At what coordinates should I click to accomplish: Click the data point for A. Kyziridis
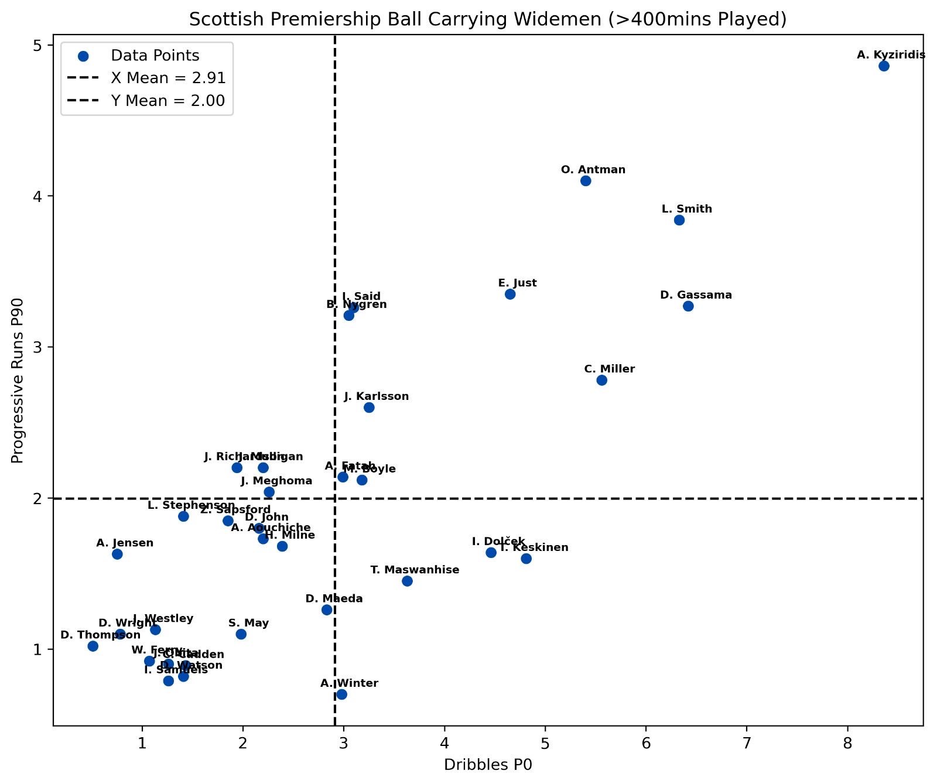point(884,66)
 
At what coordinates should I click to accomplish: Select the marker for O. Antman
point(586,181)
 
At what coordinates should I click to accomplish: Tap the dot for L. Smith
point(679,220)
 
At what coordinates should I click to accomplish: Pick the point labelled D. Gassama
point(688,306)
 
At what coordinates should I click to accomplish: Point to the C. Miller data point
point(601,380)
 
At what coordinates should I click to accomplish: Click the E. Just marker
point(510,294)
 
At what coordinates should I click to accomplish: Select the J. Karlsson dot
point(369,408)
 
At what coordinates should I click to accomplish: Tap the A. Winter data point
point(341,694)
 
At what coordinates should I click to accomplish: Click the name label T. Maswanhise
point(415,570)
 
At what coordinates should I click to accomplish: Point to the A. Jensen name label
point(125,543)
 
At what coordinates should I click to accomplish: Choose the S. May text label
point(248,623)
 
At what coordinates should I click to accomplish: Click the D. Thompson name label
point(100,635)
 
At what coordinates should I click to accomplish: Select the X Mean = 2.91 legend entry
point(168,78)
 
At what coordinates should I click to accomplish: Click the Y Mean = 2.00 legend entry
point(168,101)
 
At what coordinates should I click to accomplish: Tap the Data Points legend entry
point(155,56)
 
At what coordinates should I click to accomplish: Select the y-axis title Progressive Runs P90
point(18,381)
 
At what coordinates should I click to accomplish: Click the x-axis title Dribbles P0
point(488,765)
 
